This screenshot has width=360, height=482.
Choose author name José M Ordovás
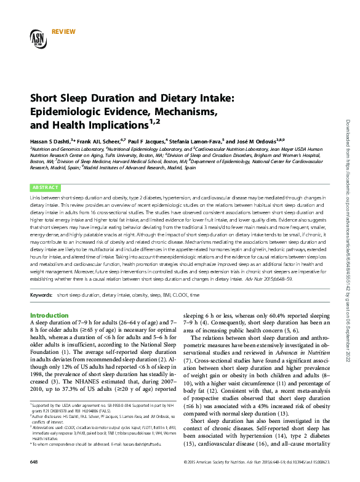[x=258, y=140]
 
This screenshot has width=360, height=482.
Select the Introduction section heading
[x=50, y=316]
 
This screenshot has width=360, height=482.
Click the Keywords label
[x=42, y=295]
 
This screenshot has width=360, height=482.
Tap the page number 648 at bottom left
[x=34, y=478]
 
